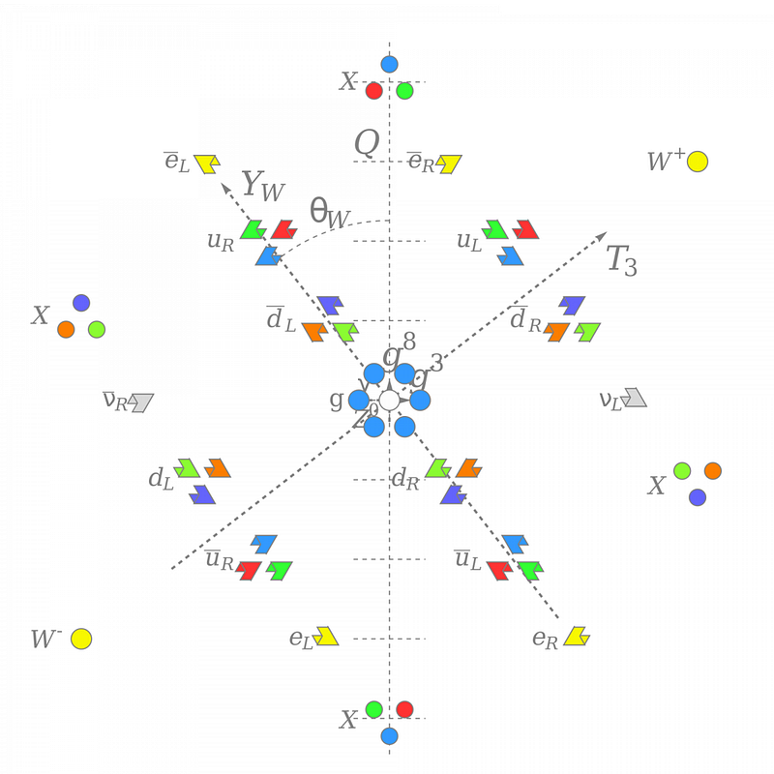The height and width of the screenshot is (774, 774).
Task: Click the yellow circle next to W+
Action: (698, 162)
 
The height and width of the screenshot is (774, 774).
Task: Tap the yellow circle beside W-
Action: (81, 639)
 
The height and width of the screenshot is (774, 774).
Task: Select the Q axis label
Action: (367, 144)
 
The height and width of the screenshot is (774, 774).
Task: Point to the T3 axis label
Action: (622, 260)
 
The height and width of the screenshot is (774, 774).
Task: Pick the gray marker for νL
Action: (635, 397)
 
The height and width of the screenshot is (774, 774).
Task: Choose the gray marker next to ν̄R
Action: (142, 402)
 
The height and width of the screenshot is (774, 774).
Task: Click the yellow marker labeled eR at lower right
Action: (577, 636)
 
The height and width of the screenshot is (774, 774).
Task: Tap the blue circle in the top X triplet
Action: (389, 65)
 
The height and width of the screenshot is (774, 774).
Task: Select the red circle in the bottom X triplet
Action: (404, 709)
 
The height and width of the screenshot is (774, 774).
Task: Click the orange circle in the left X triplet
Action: (66, 329)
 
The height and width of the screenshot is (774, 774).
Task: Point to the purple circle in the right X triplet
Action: (698, 497)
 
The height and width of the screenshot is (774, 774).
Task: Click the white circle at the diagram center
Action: (389, 400)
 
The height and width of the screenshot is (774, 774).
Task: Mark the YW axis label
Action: (262, 185)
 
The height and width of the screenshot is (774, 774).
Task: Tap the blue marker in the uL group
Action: (510, 255)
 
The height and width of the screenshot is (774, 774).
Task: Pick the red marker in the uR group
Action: (283, 229)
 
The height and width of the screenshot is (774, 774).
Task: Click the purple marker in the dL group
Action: (202, 493)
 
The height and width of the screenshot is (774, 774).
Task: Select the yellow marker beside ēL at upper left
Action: (206, 163)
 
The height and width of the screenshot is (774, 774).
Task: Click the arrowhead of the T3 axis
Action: (603, 235)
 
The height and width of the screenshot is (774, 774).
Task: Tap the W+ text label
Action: (666, 162)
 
